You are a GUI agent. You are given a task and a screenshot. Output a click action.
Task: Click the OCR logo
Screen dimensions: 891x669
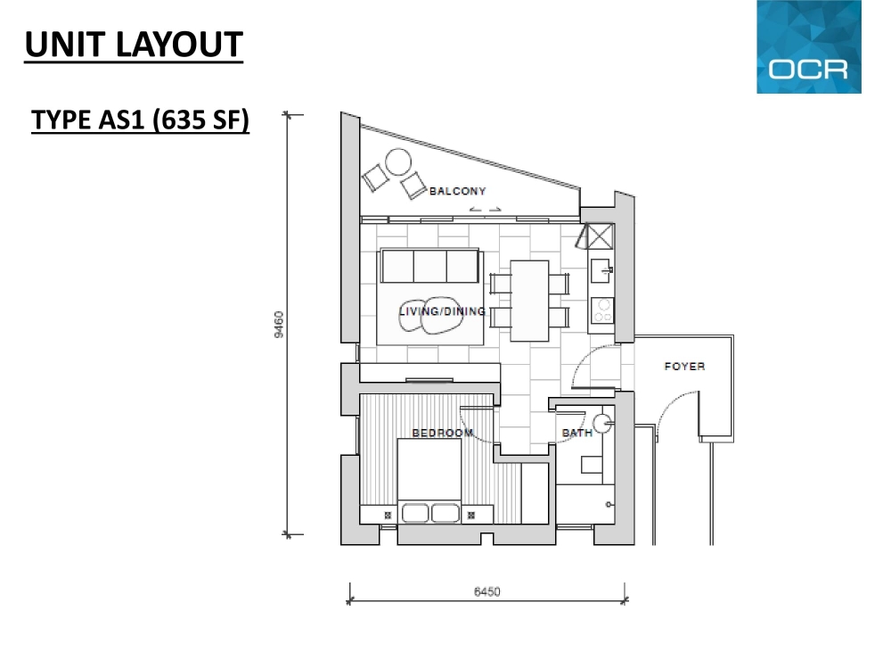tap(809, 46)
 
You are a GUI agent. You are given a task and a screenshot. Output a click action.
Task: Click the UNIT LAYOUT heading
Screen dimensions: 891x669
tap(135, 45)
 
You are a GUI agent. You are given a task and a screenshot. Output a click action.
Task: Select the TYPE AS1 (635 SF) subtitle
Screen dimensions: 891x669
tap(141, 120)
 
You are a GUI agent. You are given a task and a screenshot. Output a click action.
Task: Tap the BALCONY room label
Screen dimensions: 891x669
tap(457, 191)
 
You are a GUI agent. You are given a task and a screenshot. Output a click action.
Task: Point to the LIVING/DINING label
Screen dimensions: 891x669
tap(442, 311)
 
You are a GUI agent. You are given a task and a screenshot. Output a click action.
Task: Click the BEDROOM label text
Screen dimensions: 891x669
tap(443, 433)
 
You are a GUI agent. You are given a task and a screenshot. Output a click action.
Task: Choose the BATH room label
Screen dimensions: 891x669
tap(576, 433)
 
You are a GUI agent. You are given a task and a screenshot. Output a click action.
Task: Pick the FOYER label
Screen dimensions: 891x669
tap(684, 367)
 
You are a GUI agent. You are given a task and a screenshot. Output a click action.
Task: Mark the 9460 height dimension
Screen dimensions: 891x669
tap(278, 325)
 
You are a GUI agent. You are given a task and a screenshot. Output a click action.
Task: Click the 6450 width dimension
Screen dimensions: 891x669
tap(487, 591)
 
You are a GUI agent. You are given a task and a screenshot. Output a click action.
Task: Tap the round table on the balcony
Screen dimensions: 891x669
tap(398, 162)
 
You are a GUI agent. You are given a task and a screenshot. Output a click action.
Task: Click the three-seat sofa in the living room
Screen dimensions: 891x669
tap(429, 266)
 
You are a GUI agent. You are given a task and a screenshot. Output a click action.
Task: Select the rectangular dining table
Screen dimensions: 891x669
tap(529, 301)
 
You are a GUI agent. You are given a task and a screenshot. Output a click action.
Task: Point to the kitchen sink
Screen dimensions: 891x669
tap(601, 271)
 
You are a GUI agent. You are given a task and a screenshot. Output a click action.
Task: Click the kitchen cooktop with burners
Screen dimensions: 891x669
tap(602, 310)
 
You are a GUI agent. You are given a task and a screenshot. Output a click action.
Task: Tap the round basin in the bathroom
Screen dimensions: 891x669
tap(602, 423)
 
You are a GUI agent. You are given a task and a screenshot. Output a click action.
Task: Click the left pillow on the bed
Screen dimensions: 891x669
tap(415, 513)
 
